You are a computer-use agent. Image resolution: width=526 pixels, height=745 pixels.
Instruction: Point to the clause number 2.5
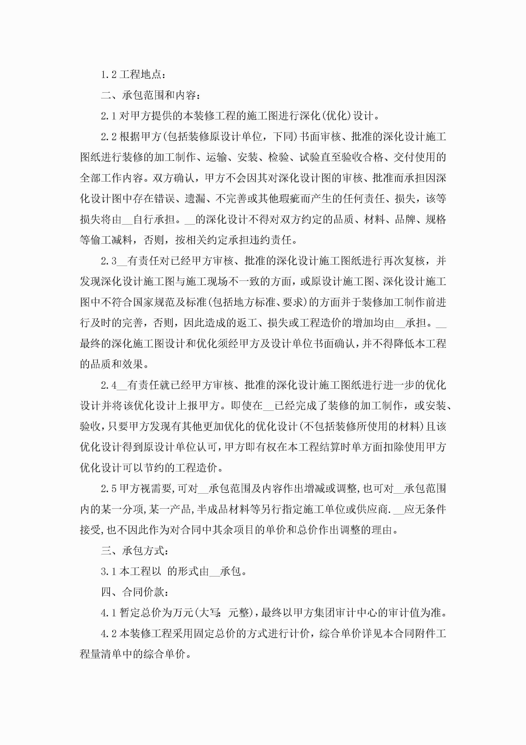pyautogui.click(x=109, y=489)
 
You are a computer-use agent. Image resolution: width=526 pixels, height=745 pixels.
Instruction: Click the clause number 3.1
pyautogui.click(x=109, y=571)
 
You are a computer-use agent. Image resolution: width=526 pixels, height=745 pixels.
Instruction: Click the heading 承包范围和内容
pyautogui.click(x=159, y=95)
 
